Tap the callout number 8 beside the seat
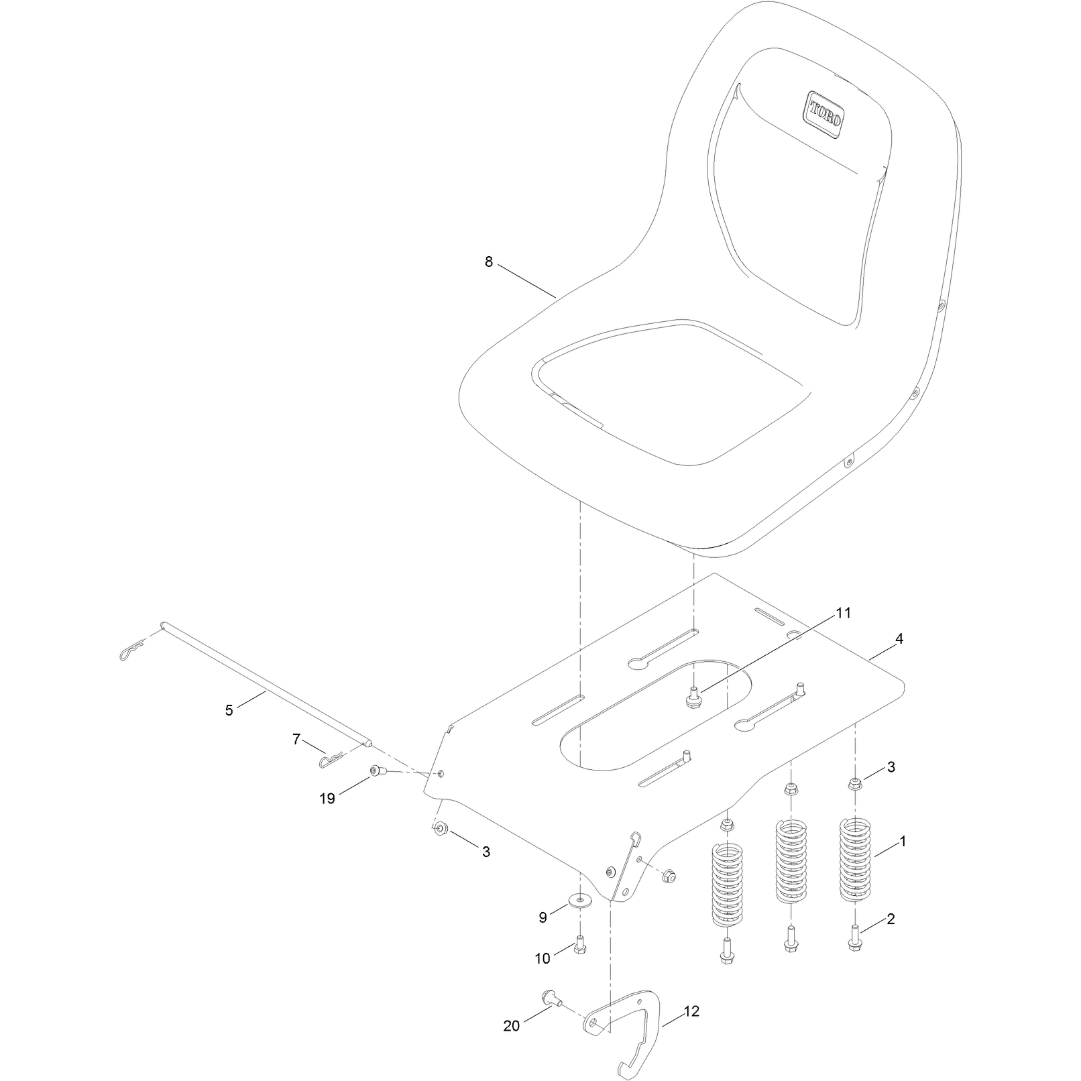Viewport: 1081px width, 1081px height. coord(489,262)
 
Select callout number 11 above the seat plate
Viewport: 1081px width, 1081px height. coord(842,613)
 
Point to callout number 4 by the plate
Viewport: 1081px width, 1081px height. coord(899,639)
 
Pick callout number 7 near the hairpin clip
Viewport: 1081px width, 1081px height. coord(296,740)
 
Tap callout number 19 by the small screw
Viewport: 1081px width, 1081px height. coord(327,799)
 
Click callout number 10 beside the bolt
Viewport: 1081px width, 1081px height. coord(542,959)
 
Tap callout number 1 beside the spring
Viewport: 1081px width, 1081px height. coord(903,842)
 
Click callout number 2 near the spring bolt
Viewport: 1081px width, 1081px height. coord(891,919)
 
